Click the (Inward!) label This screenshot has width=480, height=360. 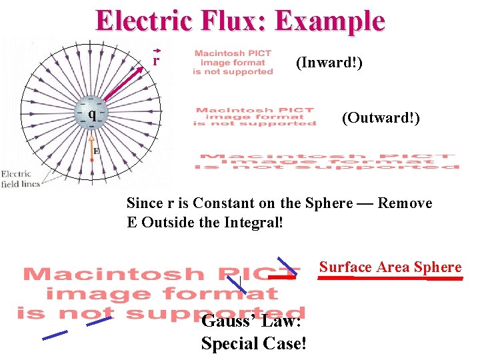pos(329,63)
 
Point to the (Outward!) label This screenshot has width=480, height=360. pos(381,118)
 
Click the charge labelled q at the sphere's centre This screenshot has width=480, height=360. pos(93,113)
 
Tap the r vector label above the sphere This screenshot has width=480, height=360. pos(156,59)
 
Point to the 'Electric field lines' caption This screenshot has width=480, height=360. pos(20,179)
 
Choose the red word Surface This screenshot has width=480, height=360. pos(345,267)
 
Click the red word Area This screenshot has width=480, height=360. pos(393,267)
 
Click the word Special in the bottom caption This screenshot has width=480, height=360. pos(230,343)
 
